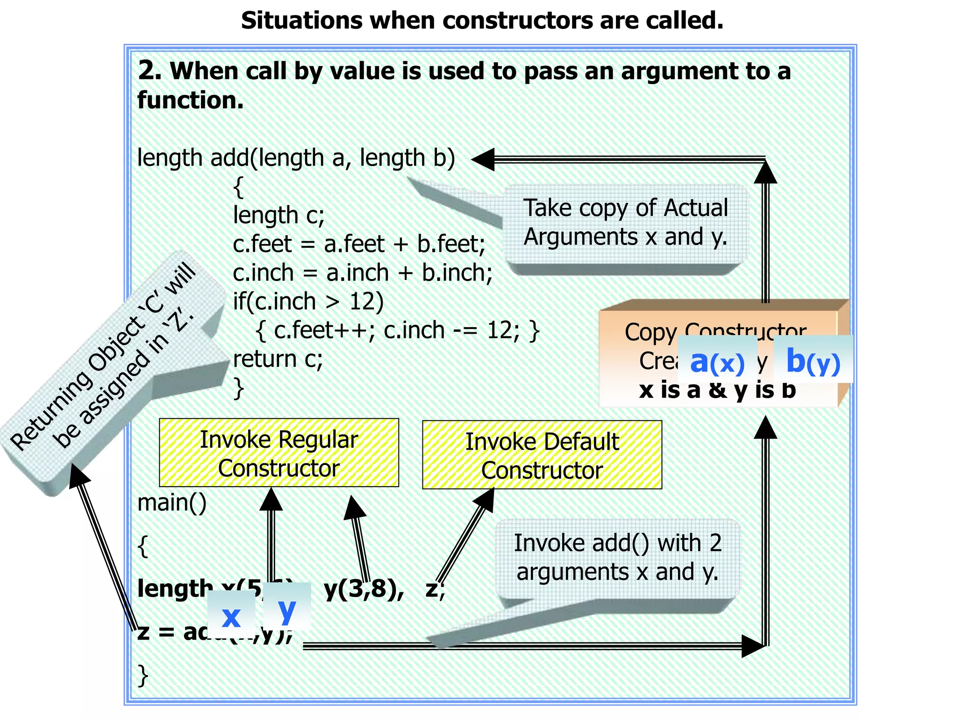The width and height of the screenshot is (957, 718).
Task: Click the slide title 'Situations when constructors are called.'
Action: point(482,21)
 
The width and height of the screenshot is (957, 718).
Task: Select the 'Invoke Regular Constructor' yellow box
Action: point(279,453)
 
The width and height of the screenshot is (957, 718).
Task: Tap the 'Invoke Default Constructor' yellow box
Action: point(542,455)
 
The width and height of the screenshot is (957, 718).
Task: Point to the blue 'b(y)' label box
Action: point(813,360)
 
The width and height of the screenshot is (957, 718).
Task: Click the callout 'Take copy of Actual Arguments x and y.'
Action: point(625,223)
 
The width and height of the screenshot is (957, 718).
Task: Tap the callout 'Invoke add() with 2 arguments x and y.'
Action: point(617,558)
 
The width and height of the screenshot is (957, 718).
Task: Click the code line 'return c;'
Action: point(278,359)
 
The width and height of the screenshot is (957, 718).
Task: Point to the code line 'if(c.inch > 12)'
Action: point(308,302)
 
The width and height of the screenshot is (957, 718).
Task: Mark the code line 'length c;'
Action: point(279,215)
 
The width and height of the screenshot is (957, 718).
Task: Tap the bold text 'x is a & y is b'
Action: point(717,390)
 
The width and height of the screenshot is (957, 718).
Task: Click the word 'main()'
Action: point(172,503)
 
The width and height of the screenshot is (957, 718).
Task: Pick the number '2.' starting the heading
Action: point(150,71)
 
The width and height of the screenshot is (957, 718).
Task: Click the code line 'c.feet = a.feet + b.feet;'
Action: point(359,244)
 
